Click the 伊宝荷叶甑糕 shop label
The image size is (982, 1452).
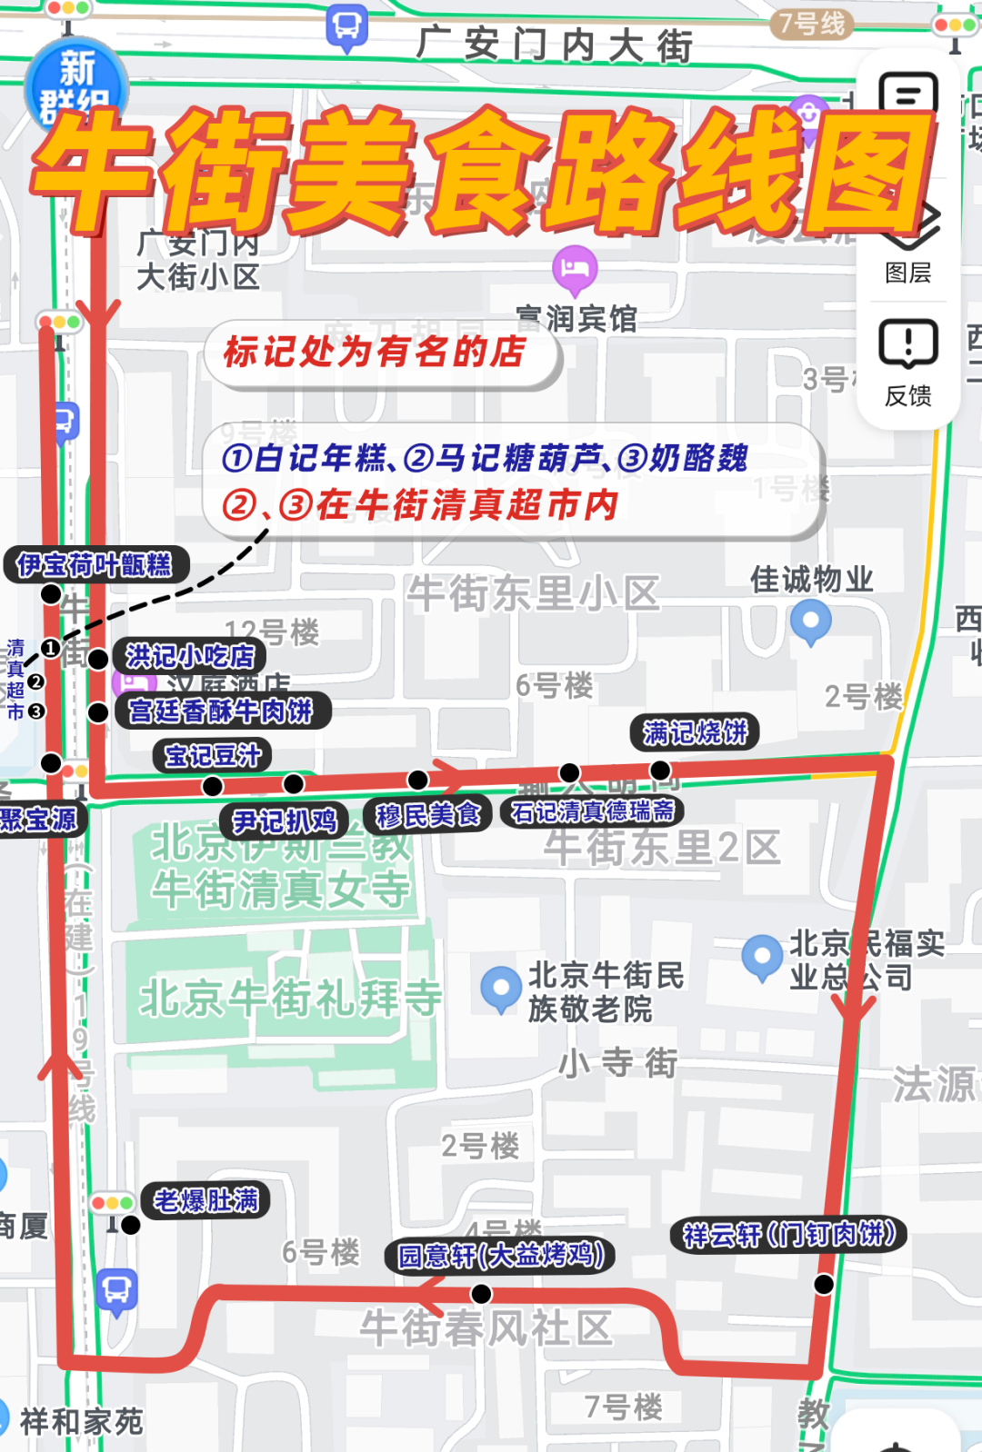(x=95, y=565)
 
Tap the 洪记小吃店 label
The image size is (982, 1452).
(x=189, y=656)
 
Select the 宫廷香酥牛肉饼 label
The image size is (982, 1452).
(x=221, y=711)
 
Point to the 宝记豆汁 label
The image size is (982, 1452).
(x=213, y=755)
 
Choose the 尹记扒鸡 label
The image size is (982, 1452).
(x=285, y=821)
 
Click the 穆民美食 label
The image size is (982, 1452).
(x=427, y=815)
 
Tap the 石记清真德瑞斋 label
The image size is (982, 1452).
(x=592, y=811)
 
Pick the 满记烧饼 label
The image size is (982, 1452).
(x=695, y=731)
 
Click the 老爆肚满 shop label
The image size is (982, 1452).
(x=205, y=1200)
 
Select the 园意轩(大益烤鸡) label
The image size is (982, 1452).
(x=501, y=1256)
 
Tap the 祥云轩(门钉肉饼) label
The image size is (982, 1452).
(x=789, y=1234)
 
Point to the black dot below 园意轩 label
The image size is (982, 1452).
(x=481, y=1294)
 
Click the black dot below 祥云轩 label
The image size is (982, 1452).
(x=824, y=1284)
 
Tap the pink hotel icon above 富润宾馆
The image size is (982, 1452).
(x=575, y=268)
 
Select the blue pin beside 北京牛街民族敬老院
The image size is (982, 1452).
(x=500, y=988)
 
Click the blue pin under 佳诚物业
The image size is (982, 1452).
(x=811, y=622)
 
